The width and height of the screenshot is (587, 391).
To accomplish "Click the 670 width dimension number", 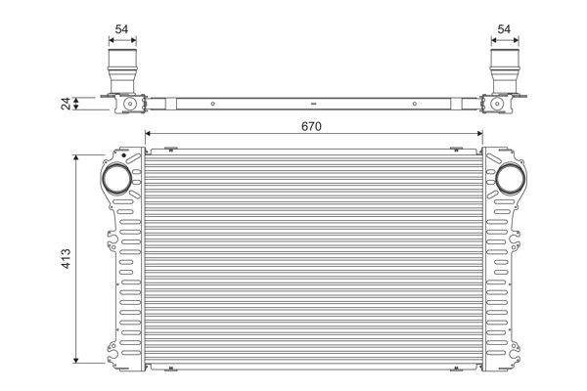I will (312, 125).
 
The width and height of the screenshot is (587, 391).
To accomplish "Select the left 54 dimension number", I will (121, 29).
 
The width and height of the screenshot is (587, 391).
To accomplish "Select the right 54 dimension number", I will (504, 29).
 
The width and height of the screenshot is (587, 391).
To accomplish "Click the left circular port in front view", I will (115, 179).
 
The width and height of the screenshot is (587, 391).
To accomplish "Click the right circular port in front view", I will (509, 179).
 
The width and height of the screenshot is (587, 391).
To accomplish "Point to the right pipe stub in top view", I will (504, 73).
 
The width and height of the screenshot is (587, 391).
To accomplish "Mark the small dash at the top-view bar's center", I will (312, 102).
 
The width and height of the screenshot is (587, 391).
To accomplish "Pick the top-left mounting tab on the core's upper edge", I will (169, 150).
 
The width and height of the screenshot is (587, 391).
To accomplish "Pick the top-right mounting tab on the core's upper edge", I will (456, 150).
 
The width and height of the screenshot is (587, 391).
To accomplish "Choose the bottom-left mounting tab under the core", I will (169, 369).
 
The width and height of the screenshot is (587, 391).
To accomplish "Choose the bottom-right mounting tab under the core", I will (456, 369).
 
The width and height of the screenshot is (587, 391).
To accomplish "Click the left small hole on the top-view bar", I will (208, 102).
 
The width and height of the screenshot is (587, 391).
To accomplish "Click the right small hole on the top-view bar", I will (416, 102).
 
